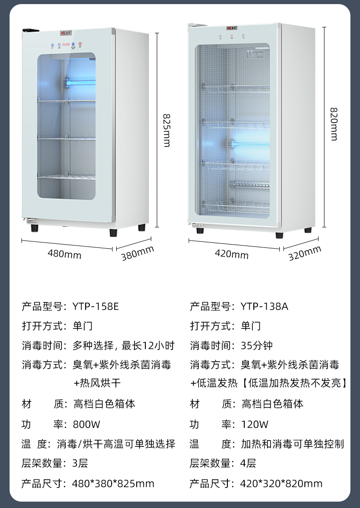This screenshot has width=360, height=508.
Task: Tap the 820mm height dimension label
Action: click(334, 124)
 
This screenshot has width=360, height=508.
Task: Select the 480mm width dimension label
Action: click(64, 254)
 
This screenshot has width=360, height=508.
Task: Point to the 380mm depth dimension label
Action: click(137, 253)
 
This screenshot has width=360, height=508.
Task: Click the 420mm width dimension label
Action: click(231, 254)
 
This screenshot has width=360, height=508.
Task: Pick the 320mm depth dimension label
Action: click(304, 253)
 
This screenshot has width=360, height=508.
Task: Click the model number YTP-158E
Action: click(95, 306)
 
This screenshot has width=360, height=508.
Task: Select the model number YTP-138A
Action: click(264, 306)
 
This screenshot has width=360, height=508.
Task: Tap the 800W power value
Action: click(86, 425)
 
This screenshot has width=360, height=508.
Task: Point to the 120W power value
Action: click(254, 425)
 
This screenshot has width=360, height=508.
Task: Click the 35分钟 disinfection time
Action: click(257, 345)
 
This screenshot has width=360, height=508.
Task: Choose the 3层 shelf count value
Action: click(80, 464)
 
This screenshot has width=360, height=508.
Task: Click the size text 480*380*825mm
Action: click(113, 483)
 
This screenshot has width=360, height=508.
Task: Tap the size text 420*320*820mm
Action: click(281, 483)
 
